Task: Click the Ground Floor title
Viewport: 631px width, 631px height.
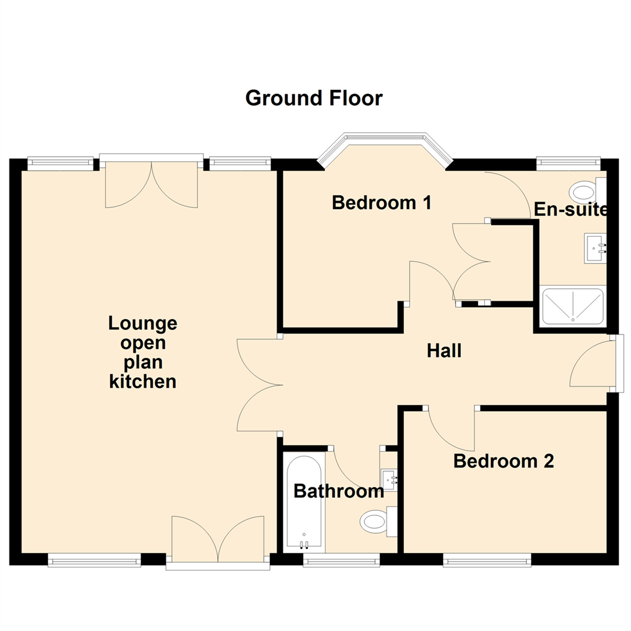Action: click(x=314, y=98)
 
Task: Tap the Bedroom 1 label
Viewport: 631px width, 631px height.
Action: click(x=382, y=203)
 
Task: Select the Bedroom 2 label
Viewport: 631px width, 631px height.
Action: click(x=504, y=462)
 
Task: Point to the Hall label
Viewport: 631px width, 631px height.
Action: click(x=444, y=351)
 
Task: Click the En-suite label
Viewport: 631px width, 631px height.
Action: click(x=571, y=210)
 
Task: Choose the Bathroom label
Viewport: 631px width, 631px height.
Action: click(x=339, y=491)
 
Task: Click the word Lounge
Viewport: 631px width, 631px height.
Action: click(x=143, y=323)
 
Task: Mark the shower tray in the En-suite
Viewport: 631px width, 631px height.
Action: click(x=573, y=306)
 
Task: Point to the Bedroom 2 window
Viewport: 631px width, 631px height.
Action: click(x=487, y=561)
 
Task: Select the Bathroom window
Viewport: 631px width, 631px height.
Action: click(x=341, y=561)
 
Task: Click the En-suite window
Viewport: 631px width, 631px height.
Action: click(x=568, y=161)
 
